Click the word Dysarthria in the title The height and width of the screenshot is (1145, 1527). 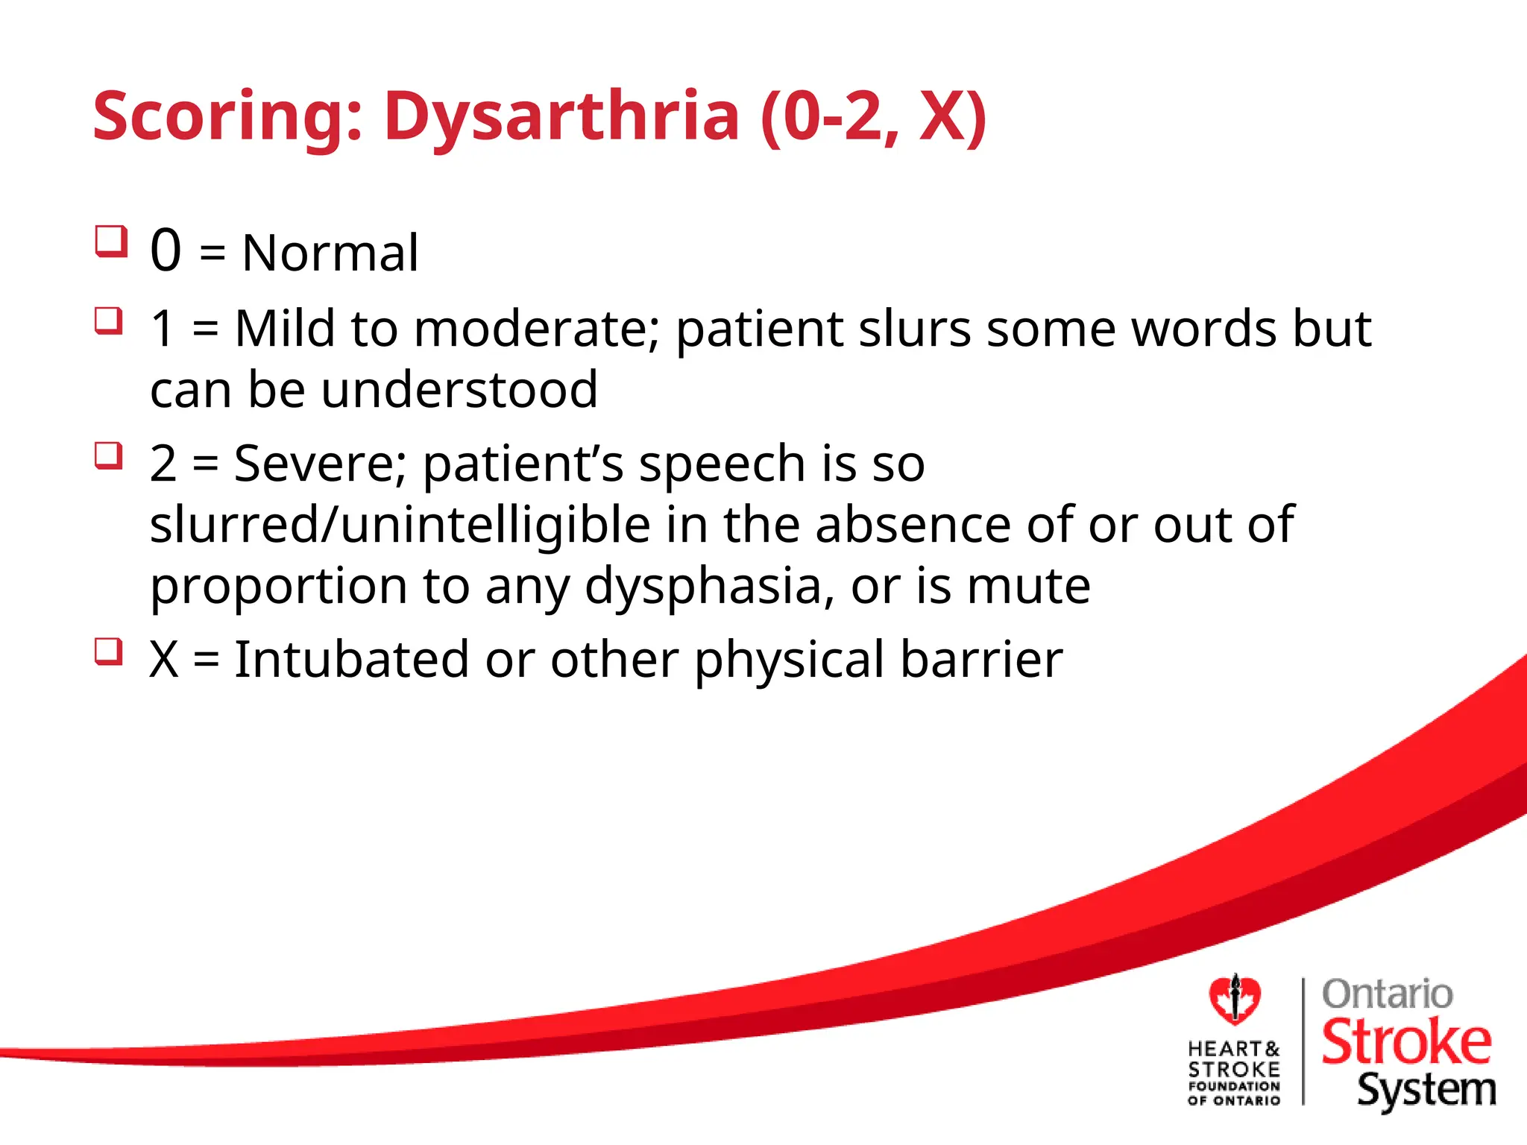pyautogui.click(x=561, y=117)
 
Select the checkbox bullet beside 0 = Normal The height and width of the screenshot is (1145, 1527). pyautogui.click(x=111, y=242)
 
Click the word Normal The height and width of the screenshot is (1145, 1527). pyautogui.click(x=330, y=253)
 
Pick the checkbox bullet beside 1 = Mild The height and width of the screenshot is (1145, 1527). pyautogui.click(x=109, y=321)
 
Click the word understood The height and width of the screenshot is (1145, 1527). pyautogui.click(x=459, y=390)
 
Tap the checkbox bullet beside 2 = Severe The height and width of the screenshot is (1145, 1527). pyautogui.click(x=109, y=455)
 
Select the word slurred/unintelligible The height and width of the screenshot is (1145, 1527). pyautogui.click(x=400, y=525)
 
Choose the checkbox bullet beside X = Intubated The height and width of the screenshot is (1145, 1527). pyautogui.click(x=109, y=652)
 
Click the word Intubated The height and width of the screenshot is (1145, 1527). pyautogui.click(x=351, y=660)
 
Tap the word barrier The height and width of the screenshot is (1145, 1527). pyautogui.click(x=981, y=660)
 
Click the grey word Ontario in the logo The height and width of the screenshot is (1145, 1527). pyautogui.click(x=1387, y=994)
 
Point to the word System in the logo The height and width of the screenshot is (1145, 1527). pyautogui.click(x=1426, y=1091)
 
